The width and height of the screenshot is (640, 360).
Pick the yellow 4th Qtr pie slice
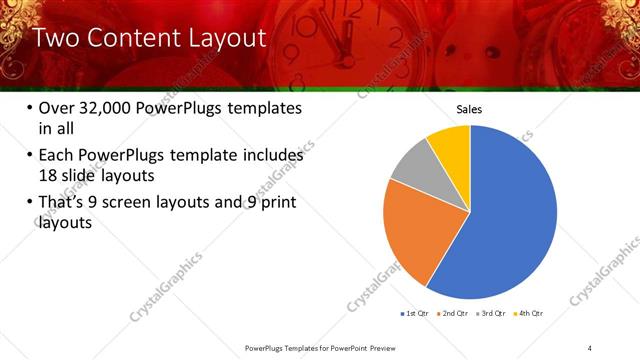450,148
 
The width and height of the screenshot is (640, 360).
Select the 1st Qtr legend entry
415,314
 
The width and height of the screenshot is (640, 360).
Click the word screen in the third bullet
150,204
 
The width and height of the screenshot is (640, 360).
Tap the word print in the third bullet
276,204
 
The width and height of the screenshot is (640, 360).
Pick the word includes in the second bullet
270,156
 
